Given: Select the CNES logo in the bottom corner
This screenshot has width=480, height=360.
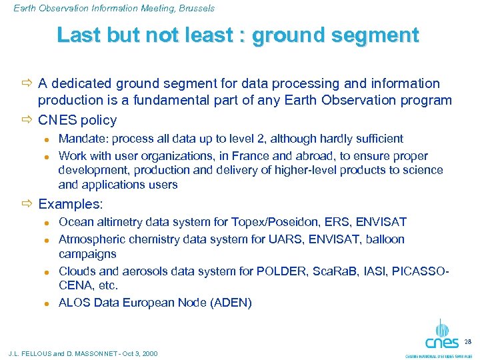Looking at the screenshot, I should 441,336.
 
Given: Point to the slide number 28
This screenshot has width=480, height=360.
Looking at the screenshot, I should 467,341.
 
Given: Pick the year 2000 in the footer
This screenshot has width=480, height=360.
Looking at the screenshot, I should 149,353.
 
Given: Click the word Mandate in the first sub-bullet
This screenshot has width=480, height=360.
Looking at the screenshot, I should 79,139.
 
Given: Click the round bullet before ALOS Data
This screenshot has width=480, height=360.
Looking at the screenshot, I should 46,303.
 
